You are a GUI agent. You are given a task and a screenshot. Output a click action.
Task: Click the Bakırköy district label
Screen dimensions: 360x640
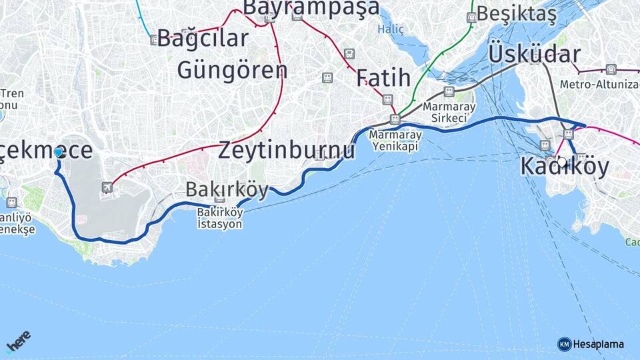tap(227, 189)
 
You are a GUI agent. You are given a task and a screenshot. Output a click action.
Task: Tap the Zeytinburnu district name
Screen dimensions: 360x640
tap(287, 150)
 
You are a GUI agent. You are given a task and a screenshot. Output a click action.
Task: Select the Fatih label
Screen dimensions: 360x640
tap(383, 77)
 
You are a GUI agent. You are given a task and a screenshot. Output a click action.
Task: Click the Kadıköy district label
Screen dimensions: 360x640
tap(565, 167)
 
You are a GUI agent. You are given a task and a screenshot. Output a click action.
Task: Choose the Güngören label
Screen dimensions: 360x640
tap(232, 69)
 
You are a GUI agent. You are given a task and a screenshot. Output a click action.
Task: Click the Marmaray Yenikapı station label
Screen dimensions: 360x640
tap(393, 140)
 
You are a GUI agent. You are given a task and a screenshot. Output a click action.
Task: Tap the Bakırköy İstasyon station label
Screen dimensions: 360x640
tap(219, 218)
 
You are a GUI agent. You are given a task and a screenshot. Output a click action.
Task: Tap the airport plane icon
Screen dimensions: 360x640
tap(107, 187)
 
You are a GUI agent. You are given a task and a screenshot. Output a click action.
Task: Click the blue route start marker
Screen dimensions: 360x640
tap(59, 153)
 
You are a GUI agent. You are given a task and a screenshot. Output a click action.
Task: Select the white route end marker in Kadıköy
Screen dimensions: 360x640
tap(562, 161)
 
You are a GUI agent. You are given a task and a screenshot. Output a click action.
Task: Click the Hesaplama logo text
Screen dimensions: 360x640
tap(598, 344)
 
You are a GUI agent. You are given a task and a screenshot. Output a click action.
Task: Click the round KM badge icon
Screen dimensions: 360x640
tap(564, 344)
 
